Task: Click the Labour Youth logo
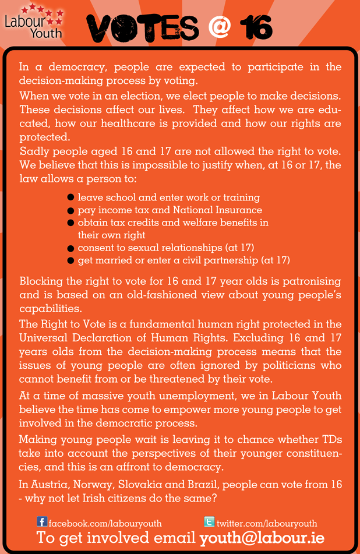click(x=33, y=22)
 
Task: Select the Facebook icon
click(x=42, y=522)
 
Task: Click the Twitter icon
click(x=210, y=522)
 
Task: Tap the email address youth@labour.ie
click(x=262, y=538)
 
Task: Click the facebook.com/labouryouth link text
click(x=105, y=523)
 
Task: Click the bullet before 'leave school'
click(x=70, y=198)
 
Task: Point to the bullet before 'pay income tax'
click(x=70, y=210)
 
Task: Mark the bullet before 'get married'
click(x=70, y=260)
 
